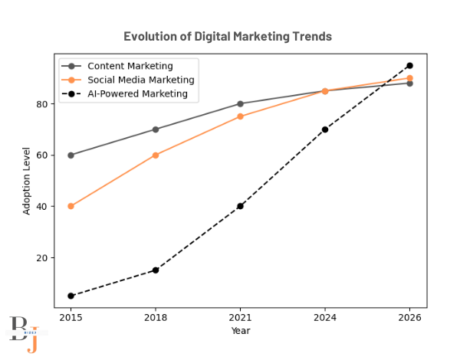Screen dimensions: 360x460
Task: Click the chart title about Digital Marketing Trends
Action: click(228, 37)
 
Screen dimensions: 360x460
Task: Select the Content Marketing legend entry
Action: click(130, 66)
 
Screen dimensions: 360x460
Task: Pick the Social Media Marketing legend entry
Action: click(140, 80)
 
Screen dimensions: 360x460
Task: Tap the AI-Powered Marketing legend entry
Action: click(137, 93)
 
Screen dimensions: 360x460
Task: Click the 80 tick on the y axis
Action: click(44, 104)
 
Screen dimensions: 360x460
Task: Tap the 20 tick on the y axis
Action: click(44, 258)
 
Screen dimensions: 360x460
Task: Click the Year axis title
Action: click(240, 331)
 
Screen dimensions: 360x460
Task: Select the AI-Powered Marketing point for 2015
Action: click(71, 296)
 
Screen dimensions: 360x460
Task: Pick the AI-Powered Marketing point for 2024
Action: click(325, 129)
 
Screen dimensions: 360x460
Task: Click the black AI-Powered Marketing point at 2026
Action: click(409, 66)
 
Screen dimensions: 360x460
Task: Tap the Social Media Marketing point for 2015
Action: click(71, 206)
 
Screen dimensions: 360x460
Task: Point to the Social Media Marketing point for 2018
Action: click(156, 155)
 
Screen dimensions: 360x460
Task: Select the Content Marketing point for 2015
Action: click(71, 155)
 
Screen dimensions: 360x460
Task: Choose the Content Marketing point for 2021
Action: click(240, 104)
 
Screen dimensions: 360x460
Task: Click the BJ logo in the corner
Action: click(23, 333)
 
